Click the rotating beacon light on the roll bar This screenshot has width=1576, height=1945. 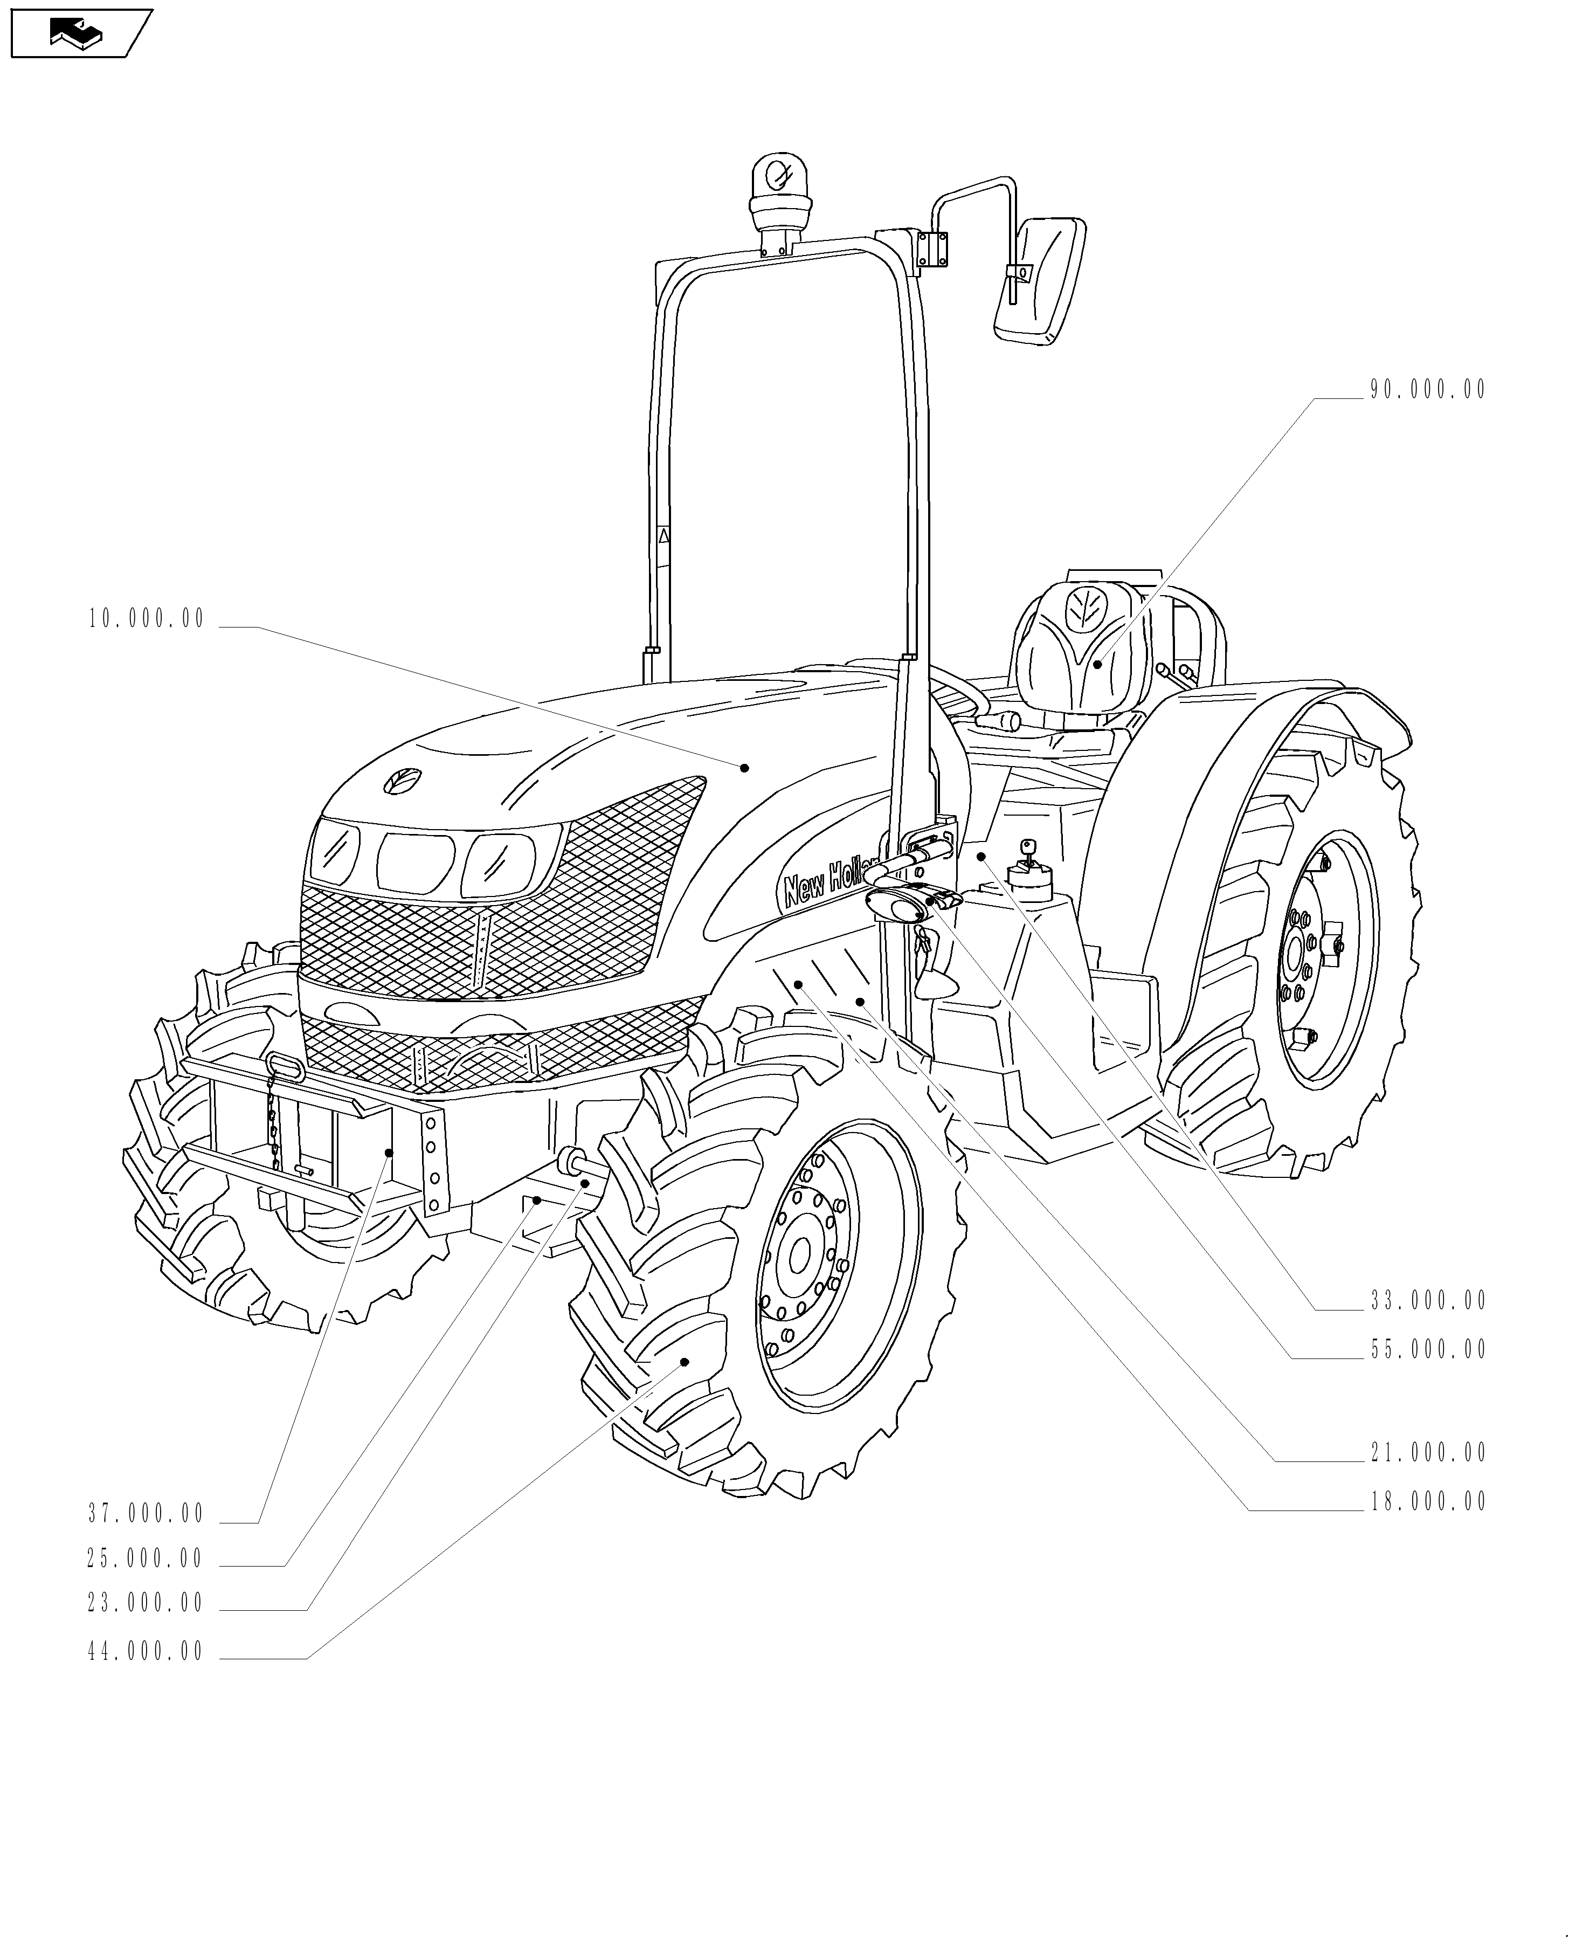(778, 186)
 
